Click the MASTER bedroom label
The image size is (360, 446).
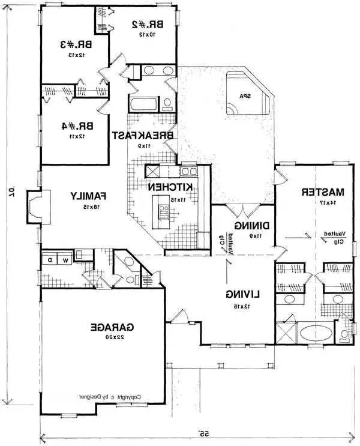click(323, 193)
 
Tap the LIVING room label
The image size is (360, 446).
click(243, 294)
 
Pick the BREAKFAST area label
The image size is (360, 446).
click(143, 136)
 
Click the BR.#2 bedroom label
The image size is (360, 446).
click(144, 25)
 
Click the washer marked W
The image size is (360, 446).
click(66, 261)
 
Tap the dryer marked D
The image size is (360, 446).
click(50, 261)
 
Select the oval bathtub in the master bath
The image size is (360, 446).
click(315, 332)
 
